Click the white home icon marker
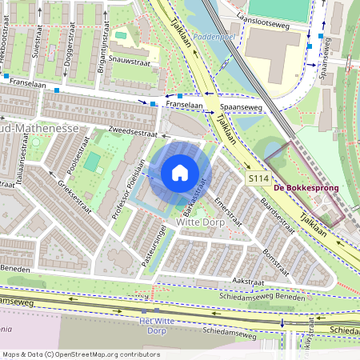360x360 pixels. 180,172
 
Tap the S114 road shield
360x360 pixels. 258,178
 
